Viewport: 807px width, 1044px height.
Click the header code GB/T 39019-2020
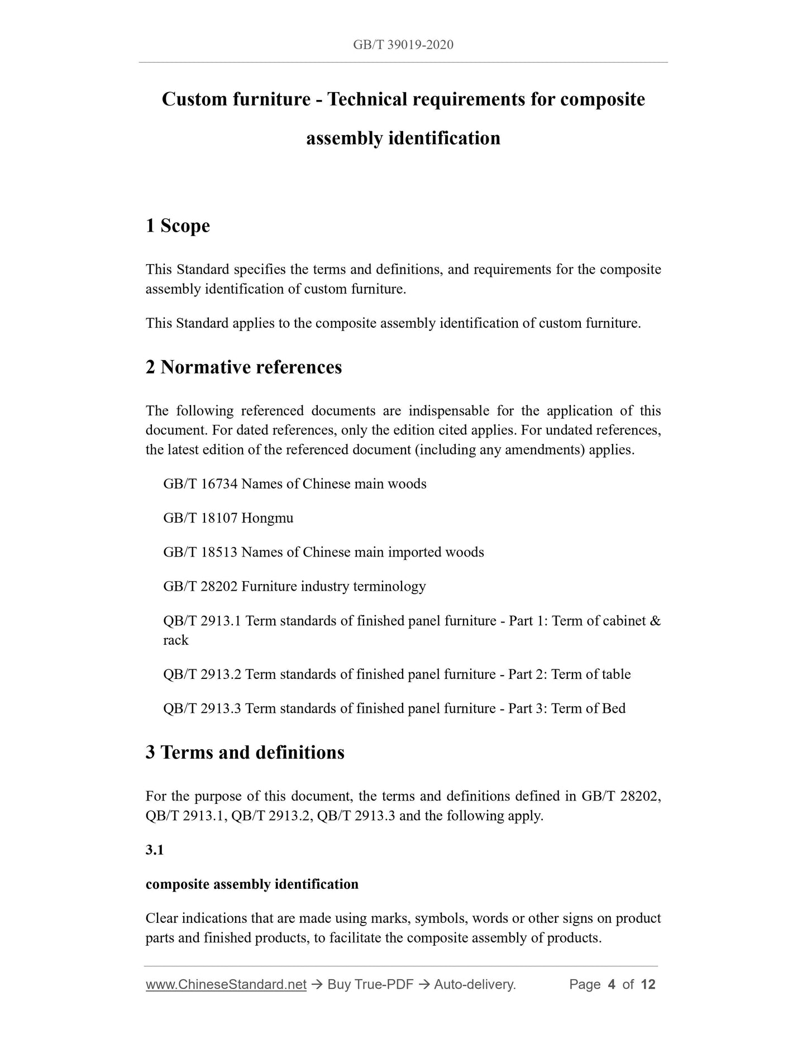tap(403, 45)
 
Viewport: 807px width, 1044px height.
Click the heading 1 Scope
tap(178, 226)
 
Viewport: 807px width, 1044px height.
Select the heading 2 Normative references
tap(243, 367)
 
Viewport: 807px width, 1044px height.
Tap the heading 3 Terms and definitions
tap(245, 753)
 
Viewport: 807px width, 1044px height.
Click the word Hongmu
tap(268, 518)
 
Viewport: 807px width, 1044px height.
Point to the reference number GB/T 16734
tap(200, 484)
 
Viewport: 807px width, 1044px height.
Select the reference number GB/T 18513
tap(200, 552)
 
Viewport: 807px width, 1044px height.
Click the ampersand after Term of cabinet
tap(656, 621)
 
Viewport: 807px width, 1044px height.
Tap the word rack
tap(175, 640)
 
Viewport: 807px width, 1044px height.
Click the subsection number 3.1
tap(154, 850)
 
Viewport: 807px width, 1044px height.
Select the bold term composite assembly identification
tap(252, 884)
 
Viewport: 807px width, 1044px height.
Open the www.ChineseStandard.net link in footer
tap(226, 985)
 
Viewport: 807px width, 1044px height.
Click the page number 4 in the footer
tap(612, 985)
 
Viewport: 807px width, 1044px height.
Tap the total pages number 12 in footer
tap(648, 985)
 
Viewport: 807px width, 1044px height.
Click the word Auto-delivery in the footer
tap(474, 985)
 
